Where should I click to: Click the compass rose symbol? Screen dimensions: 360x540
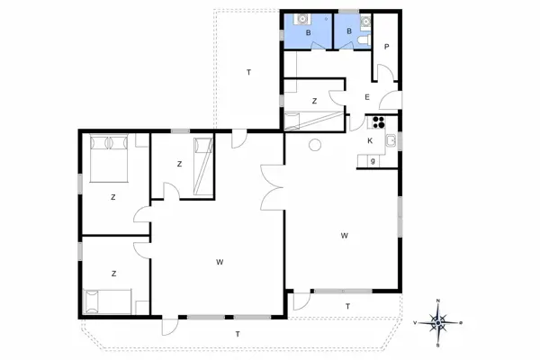coord(437,321)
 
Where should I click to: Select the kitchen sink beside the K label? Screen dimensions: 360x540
coord(391,141)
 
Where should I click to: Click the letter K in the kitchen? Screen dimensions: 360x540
coord(370,141)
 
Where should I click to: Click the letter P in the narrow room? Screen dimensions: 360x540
coord(385,47)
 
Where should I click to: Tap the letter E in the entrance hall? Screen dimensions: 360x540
coord(366,97)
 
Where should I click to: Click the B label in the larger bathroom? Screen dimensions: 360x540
coord(308,33)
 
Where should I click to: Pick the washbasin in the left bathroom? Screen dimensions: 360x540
coord(301,17)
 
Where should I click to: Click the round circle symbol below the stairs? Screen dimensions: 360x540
coord(315,146)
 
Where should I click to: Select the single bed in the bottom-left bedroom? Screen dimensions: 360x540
coord(107,300)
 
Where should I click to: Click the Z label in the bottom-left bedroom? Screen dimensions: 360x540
coord(113,272)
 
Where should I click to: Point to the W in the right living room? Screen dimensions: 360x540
coord(345,236)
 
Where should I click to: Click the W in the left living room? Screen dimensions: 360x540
coord(220,262)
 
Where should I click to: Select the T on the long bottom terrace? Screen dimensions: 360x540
coord(238,334)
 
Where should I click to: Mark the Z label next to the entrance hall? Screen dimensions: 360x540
coord(314,102)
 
